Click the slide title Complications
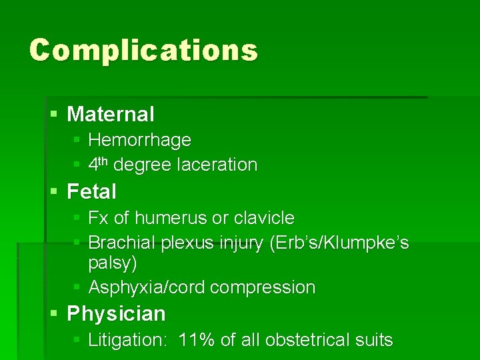[x=143, y=50]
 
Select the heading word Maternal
[x=111, y=114]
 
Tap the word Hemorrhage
[x=139, y=140]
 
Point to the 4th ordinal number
[x=98, y=164]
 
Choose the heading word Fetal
[x=92, y=192]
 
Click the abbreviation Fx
[x=97, y=218]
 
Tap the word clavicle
[x=264, y=218]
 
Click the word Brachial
[x=122, y=243]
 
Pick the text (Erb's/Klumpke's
[x=339, y=243]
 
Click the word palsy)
[x=113, y=263]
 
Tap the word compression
[x=263, y=288]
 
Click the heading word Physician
[x=117, y=313]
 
